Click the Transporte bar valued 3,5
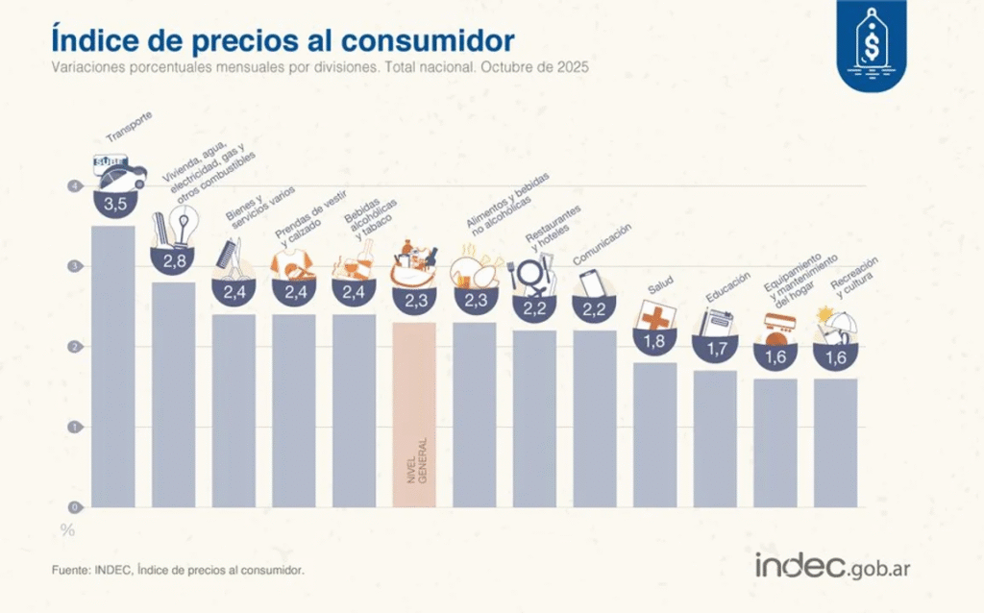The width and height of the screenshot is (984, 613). [113, 365]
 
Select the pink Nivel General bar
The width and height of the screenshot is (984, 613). [414, 413]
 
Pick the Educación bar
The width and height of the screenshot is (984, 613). [715, 438]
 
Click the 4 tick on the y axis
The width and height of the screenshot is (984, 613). [72, 186]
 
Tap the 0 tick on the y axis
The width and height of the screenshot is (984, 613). [72, 506]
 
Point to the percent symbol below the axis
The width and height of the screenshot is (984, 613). [67, 529]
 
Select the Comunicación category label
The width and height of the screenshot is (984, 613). [603, 243]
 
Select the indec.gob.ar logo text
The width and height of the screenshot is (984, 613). [832, 567]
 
